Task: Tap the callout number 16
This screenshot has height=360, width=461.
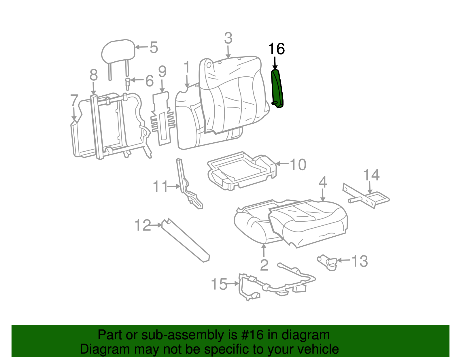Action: click(276, 49)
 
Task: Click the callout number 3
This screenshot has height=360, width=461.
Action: click(228, 38)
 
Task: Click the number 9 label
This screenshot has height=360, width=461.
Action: click(162, 71)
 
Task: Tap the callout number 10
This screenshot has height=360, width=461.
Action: click(298, 165)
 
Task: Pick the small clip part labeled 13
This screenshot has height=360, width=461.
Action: click(328, 262)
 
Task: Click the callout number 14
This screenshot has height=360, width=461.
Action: click(371, 175)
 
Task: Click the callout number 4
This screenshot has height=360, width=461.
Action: click(323, 182)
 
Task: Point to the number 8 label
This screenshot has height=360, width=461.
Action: click(94, 75)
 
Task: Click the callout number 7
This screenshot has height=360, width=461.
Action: click(74, 100)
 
